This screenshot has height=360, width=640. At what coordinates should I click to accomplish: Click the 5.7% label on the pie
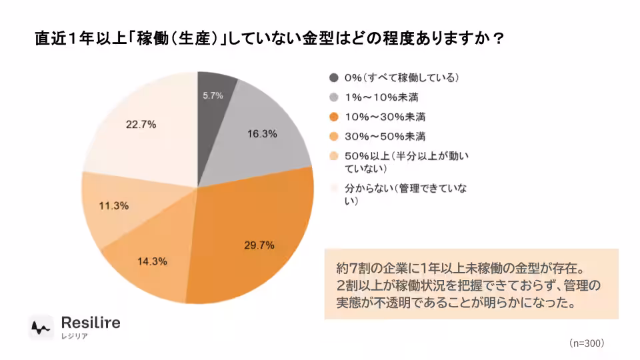coord(213,96)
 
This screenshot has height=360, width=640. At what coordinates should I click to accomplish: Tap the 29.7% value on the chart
coord(259,245)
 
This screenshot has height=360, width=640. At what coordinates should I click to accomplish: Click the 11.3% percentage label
coord(113,206)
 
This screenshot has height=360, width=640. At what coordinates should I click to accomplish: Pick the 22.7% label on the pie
coord(140,124)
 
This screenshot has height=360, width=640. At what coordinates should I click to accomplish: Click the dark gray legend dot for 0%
coord(333,78)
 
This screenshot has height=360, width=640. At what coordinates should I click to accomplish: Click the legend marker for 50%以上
coord(333,157)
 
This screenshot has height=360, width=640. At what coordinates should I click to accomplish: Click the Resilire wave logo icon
coord(41,327)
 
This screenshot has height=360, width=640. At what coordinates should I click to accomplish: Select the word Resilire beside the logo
coord(91,323)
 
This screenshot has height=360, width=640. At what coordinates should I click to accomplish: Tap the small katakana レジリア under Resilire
coord(74,336)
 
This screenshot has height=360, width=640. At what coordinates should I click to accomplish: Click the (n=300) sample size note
coord(587,343)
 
